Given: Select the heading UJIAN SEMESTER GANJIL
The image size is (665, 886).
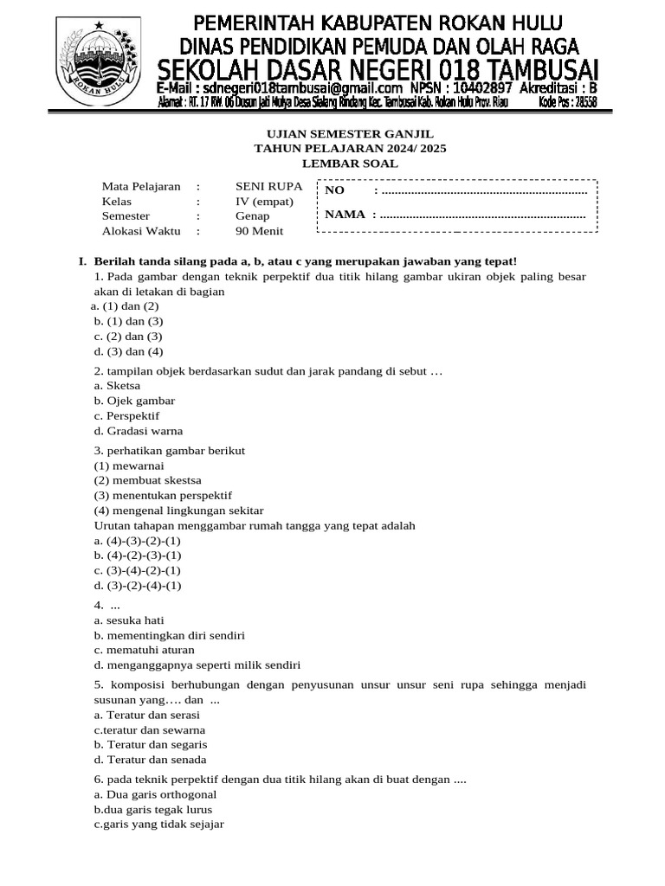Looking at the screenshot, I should click(x=349, y=133).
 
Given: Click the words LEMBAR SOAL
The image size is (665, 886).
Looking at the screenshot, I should click(x=350, y=163).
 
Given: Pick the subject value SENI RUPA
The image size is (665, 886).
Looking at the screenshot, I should click(x=268, y=186).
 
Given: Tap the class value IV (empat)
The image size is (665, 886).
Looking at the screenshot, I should click(x=264, y=201).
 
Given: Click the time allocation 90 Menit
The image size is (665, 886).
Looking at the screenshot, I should click(x=259, y=231).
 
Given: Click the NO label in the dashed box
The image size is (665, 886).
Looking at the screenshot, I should click(x=335, y=190).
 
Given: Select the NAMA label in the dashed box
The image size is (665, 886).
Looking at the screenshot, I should click(x=345, y=215).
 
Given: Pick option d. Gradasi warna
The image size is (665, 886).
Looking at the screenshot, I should click(x=139, y=431).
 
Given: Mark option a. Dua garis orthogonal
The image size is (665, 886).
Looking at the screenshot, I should click(x=155, y=794).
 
